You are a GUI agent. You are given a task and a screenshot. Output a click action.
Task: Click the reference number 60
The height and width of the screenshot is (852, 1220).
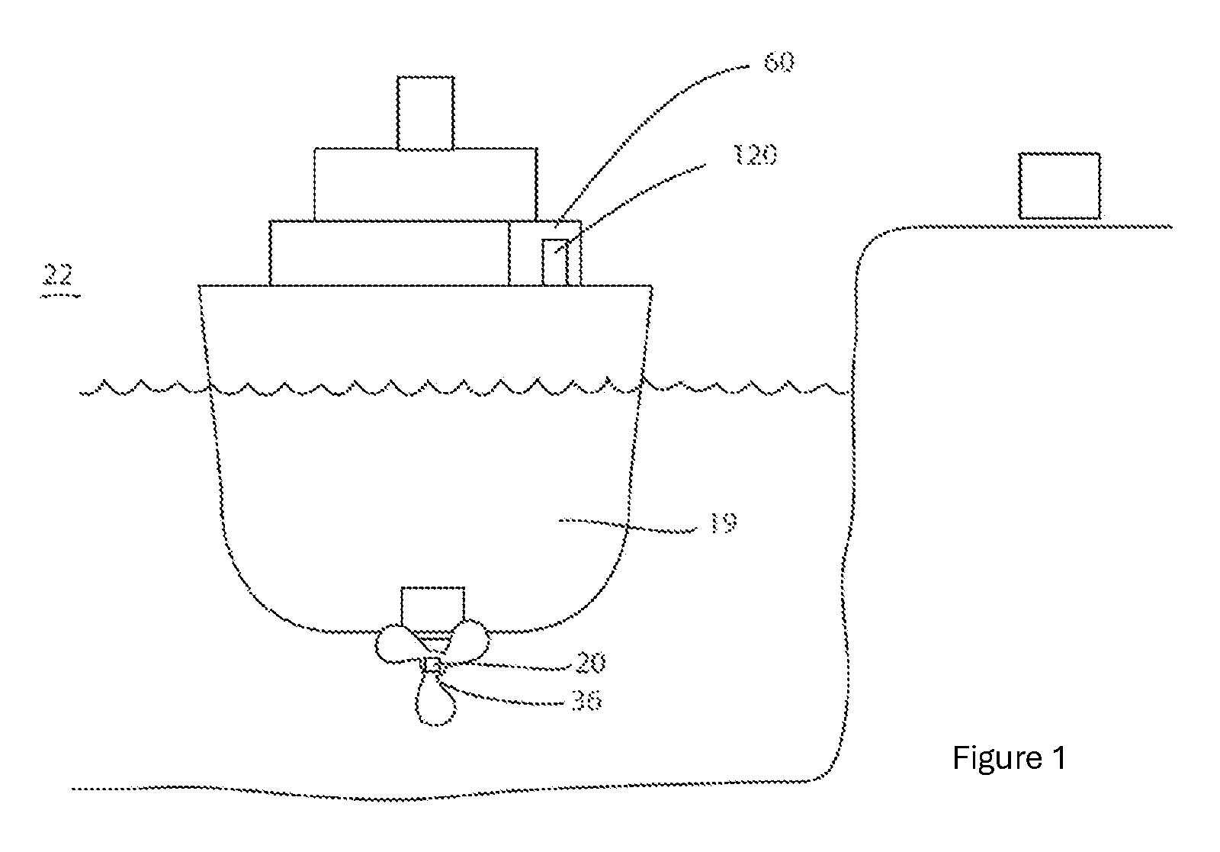(779, 62)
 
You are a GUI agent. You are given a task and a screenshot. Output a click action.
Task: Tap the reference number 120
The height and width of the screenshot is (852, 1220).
(756, 156)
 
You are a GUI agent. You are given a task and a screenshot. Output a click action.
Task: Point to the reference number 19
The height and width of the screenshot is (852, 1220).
(724, 523)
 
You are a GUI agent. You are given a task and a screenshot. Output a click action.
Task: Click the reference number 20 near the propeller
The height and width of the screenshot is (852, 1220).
(590, 663)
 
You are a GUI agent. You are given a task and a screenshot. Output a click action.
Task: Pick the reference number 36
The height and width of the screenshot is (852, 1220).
(587, 701)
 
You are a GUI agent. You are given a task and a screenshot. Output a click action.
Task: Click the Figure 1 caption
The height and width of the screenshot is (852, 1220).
(1009, 757)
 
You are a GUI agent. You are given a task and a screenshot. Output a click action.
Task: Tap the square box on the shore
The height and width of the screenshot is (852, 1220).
(1059, 186)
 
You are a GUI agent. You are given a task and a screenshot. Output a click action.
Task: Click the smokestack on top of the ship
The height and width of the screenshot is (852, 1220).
(425, 113)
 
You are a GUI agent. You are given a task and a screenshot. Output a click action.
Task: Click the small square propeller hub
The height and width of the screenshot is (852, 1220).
(432, 666)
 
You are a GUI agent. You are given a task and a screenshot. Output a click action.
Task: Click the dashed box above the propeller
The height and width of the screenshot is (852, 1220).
(433, 606)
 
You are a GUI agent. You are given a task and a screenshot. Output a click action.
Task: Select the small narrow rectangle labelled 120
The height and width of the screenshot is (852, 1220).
(555, 262)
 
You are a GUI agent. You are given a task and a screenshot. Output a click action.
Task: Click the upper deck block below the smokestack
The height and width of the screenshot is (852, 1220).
(425, 185)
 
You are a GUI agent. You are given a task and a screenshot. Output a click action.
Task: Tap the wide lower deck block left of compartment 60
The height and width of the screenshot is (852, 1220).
(390, 252)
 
